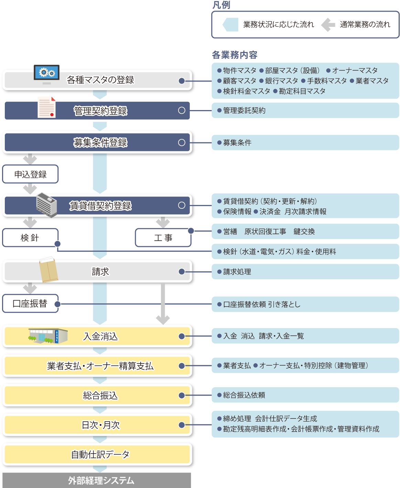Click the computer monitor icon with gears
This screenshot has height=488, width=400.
coord(47,74)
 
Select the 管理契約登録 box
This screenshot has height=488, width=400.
coord(100,111)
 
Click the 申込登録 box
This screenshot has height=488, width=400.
coord(30,174)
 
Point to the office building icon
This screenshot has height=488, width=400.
coord(47,205)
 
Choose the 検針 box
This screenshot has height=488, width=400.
coord(30,238)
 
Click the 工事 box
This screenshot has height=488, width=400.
coord(163,238)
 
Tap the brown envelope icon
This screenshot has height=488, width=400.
coord(48,270)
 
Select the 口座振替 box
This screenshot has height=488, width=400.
coord(30,304)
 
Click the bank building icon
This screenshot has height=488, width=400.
coord(48,336)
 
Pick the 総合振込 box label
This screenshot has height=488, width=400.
coord(100,395)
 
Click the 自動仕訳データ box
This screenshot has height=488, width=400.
coord(100,455)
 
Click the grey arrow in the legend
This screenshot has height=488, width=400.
coord(328,24)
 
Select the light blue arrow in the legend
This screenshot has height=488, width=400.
coord(230,24)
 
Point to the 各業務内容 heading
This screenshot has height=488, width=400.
coord(235,55)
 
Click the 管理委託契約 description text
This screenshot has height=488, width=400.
coord(244,110)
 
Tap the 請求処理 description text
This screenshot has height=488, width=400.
coord(237,272)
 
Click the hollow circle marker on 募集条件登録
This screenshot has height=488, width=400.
coord(182,142)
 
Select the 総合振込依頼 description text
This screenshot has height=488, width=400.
coord(244,395)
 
